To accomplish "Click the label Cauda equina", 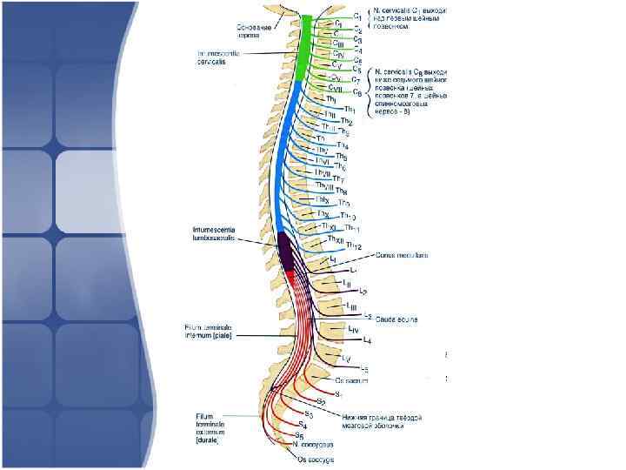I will pyautogui.click(x=396, y=319).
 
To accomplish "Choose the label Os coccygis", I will pyautogui.click(x=314, y=458).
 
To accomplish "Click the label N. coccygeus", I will pyautogui.click(x=312, y=444).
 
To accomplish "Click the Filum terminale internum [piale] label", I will pyautogui.click(x=206, y=331).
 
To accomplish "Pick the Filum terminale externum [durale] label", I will pyautogui.click(x=212, y=428).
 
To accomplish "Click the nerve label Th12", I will pyautogui.click(x=353, y=247).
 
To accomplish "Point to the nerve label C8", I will pyautogui.click(x=356, y=92).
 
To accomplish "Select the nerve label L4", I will pyautogui.click(x=367, y=339).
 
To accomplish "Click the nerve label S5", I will pyautogui.click(x=299, y=435).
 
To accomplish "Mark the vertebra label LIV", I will pyautogui.click(x=353, y=328).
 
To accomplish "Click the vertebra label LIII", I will pyautogui.click(x=351, y=305).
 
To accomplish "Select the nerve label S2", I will pyautogui.click(x=321, y=401).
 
